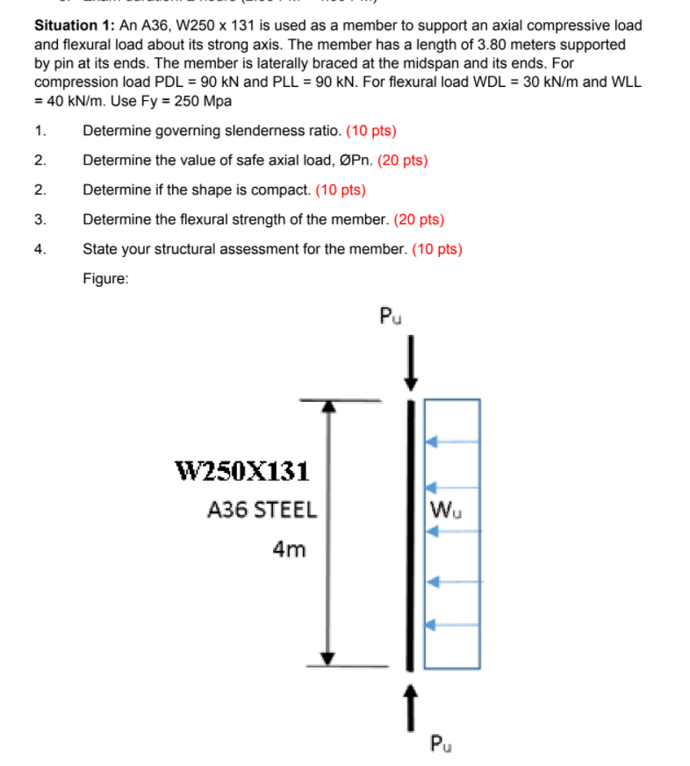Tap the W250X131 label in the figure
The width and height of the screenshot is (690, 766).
[243, 472]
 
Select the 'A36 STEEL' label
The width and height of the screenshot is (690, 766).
[262, 510]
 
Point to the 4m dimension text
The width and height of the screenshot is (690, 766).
[289, 549]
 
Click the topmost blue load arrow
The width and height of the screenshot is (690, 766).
[452, 441]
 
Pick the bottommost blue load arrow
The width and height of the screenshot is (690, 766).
[452, 625]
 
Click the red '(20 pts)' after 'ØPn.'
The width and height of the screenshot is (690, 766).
[402, 161]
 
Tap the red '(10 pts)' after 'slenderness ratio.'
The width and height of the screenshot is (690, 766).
[371, 132]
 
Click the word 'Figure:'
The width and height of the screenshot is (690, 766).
[106, 278]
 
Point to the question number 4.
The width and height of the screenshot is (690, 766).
[40, 248]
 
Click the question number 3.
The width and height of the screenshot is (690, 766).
[40, 219]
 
